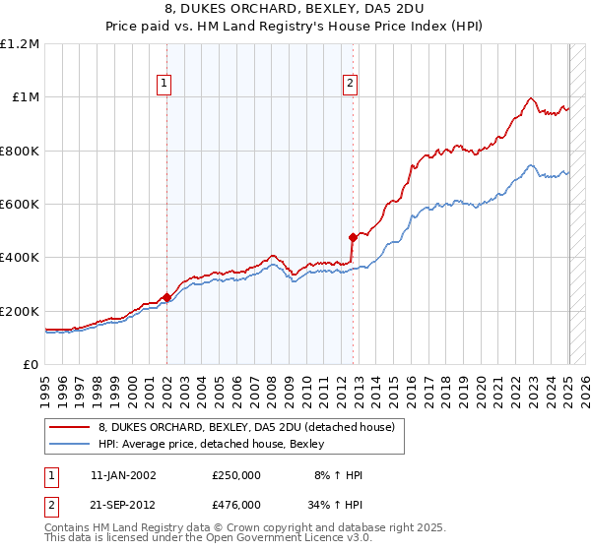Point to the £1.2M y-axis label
click(x=20, y=44)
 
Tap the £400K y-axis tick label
click(x=20, y=258)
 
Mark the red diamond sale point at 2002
click(x=166, y=296)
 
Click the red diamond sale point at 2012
click(x=353, y=237)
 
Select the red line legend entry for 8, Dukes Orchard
click(x=246, y=427)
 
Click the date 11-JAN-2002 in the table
click(x=123, y=475)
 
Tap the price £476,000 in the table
click(x=236, y=504)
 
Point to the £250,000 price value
click(x=236, y=475)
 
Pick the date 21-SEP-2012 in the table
click(x=123, y=504)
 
